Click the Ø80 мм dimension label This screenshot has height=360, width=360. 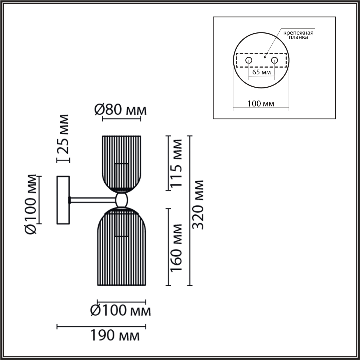coord(121,109)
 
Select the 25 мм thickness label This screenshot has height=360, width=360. coord(63,134)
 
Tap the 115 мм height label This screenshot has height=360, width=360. coord(176,163)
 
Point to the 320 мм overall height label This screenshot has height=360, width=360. coord(198,205)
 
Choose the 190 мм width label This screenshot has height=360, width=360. coord(115,340)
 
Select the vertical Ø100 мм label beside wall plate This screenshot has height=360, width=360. coord(30,204)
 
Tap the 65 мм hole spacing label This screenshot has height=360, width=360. coord(261,72)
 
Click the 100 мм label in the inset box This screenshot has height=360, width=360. coord(261,103)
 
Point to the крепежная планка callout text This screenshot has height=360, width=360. coord(298,35)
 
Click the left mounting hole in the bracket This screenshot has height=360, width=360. coord(249,60)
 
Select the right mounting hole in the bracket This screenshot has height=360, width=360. coord(274,60)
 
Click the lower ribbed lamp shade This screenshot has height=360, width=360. coord(121,249)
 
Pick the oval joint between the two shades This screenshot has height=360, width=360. coord(121,200)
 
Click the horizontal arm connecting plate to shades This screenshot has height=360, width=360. coord(92,200)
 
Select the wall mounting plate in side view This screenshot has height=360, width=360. coord(63,200)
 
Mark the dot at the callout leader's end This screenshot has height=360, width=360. coord(265,57)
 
